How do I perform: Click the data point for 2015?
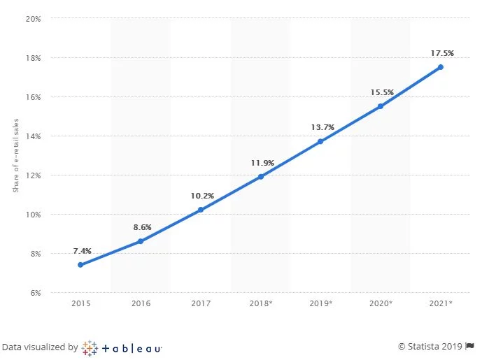point(80,265)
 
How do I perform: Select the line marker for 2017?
point(201,210)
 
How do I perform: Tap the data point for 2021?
point(441,67)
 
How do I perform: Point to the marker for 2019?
point(320,141)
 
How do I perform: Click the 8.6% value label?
point(141,227)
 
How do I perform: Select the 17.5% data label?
point(441,52)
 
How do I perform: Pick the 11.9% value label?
point(262,162)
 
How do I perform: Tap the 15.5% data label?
point(381,92)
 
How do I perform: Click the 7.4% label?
point(82,250)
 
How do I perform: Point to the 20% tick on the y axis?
point(34,19)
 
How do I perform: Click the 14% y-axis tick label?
point(34,136)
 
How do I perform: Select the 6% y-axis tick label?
point(35,293)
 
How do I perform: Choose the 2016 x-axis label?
point(141,303)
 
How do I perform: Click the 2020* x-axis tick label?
point(381,303)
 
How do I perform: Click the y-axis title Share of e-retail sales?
point(16,155)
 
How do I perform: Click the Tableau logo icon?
point(90,347)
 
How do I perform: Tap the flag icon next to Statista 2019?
point(472,346)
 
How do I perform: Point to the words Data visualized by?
point(39,347)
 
